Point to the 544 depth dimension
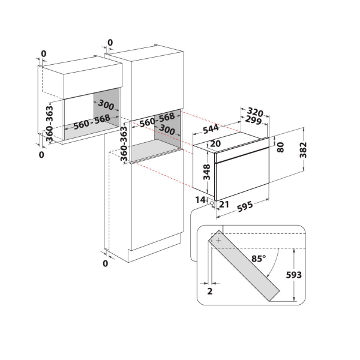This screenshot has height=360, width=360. [x=210, y=128]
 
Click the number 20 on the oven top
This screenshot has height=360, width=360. [x=216, y=144]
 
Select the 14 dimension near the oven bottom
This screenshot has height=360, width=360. [x=200, y=199]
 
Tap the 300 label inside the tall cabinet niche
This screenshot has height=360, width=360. [x=167, y=130]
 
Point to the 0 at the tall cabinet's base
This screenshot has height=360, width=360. [x=105, y=263]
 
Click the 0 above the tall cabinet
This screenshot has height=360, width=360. [x=109, y=42]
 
